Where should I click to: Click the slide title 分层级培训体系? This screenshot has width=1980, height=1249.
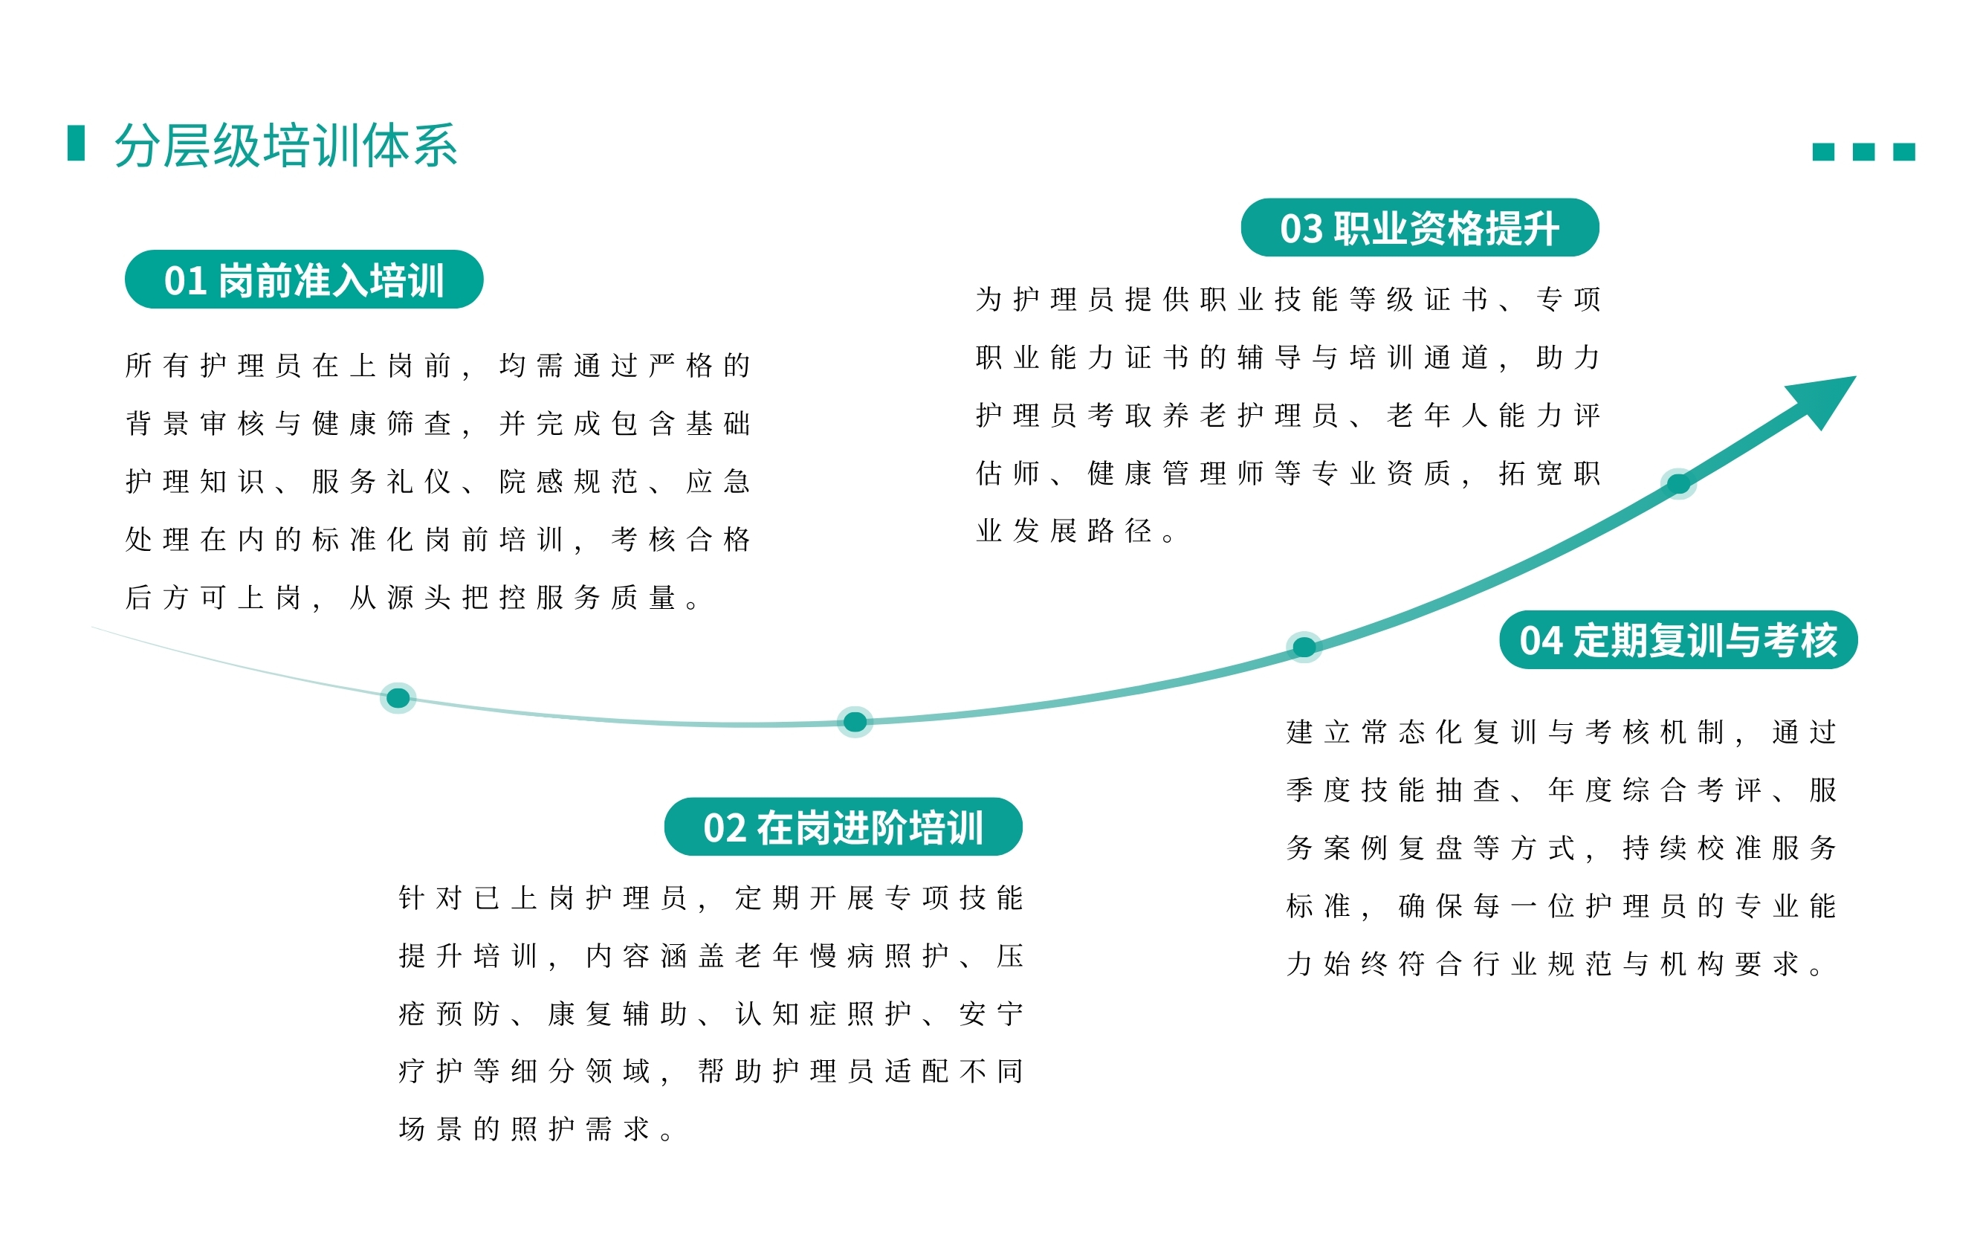[x=285, y=146]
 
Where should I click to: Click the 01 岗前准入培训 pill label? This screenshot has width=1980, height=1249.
[x=303, y=280]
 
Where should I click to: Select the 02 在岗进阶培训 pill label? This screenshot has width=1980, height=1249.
[x=843, y=827]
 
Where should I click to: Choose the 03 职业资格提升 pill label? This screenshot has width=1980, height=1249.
[x=1420, y=227]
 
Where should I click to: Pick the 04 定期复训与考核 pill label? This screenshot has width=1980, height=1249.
[x=1678, y=639]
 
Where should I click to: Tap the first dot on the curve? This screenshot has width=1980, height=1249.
[x=398, y=698]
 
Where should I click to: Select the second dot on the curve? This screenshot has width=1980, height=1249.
[x=855, y=722]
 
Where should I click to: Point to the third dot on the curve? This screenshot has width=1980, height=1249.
[x=1304, y=647]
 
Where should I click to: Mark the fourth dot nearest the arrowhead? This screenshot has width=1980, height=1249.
[x=1678, y=484]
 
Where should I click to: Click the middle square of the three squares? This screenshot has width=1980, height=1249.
[x=1863, y=152]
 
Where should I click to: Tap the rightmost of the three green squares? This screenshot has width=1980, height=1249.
[x=1903, y=152]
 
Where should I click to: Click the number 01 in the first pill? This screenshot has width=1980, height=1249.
[x=185, y=281]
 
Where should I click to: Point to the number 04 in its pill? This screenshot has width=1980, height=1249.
[x=1540, y=642]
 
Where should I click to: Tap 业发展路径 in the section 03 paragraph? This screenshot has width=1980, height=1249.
[x=1064, y=531]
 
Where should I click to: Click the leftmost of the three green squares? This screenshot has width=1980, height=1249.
[x=1823, y=152]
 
